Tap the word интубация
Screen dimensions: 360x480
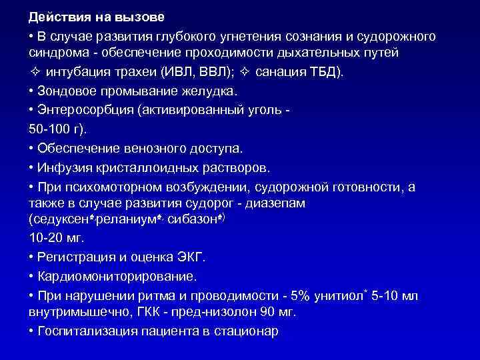pyautogui.click(x=73, y=71)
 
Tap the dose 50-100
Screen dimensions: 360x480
pyautogui.click(x=49, y=127)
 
